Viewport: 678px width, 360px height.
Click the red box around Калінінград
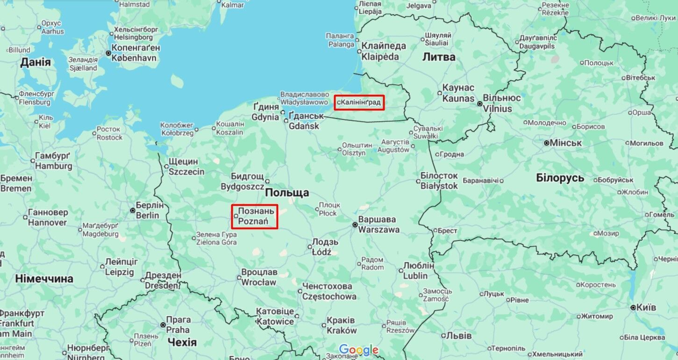point(359,102)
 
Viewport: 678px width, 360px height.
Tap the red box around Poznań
point(255,216)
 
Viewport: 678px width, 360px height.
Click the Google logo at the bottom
point(358,350)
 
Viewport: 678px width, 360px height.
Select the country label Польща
point(287,193)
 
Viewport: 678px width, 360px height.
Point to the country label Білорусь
point(560,178)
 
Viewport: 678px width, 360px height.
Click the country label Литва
point(439,57)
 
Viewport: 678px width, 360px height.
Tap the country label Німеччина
point(44,279)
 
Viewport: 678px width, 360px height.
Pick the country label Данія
point(35,62)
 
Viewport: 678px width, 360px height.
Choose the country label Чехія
point(182,342)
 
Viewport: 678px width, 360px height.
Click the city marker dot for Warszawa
point(355,225)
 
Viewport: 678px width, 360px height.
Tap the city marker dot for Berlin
point(133,210)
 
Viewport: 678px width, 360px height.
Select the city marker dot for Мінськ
point(546,143)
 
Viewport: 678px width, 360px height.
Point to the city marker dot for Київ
point(633,308)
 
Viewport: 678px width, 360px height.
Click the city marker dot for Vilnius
point(479,104)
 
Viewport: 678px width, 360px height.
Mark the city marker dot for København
point(108,53)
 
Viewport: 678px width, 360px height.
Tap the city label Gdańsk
point(304,126)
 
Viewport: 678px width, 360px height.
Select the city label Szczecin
point(186,172)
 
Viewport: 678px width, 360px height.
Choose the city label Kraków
point(342,331)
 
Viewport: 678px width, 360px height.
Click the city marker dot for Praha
point(163,324)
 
